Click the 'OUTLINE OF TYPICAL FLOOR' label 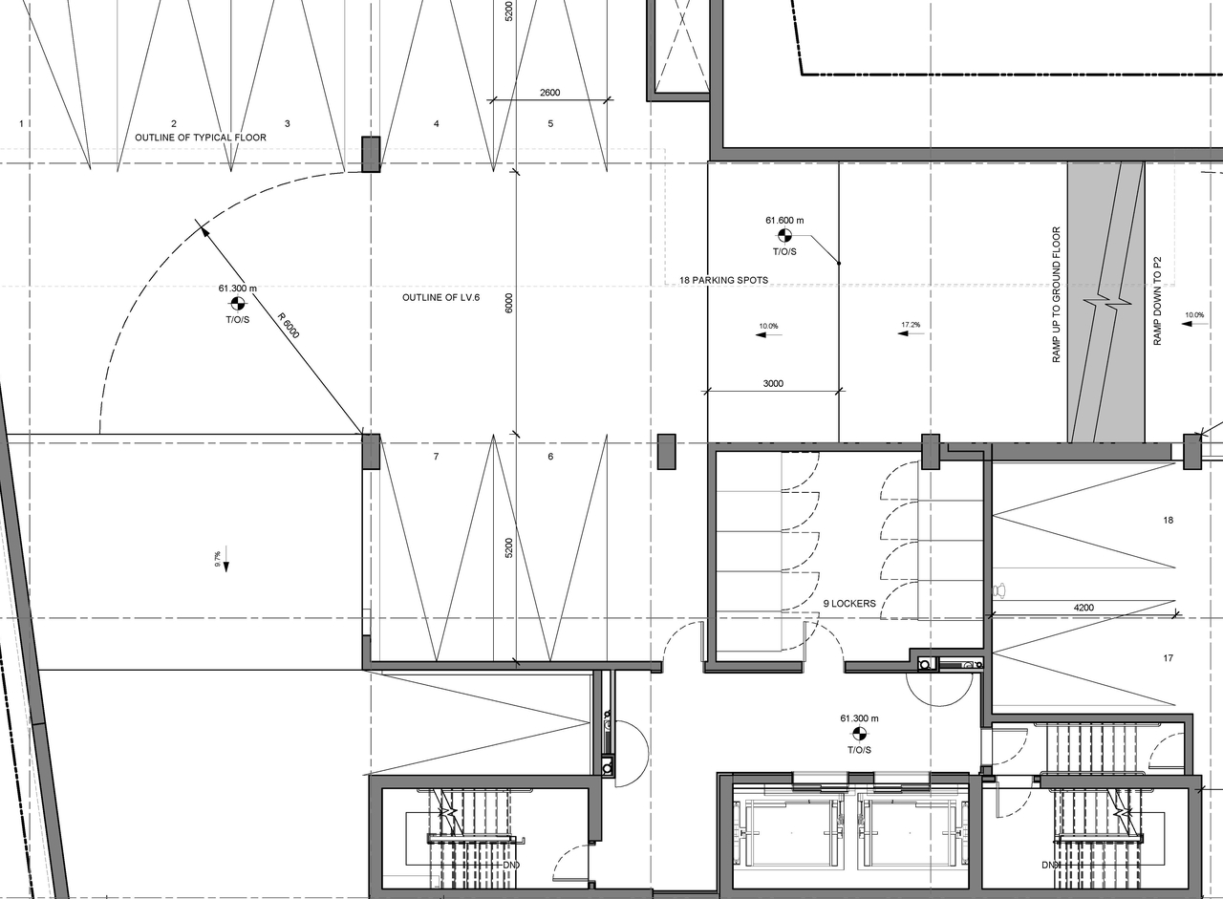(x=201, y=138)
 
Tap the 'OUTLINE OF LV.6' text (x=440, y=298)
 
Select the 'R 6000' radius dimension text (x=289, y=327)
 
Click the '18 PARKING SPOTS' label (x=723, y=281)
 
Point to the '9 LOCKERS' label (x=849, y=604)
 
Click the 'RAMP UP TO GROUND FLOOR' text (x=1057, y=294)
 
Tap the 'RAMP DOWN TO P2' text (x=1156, y=301)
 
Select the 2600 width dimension (x=549, y=93)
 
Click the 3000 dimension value (x=773, y=384)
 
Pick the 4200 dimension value (x=1083, y=607)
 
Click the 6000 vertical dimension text (x=509, y=303)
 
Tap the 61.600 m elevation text (x=784, y=220)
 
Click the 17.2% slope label (x=911, y=326)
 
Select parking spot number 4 (x=437, y=124)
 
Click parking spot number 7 (x=436, y=458)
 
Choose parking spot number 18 (x=1168, y=521)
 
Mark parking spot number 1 (x=20, y=124)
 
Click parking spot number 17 (x=1168, y=658)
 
